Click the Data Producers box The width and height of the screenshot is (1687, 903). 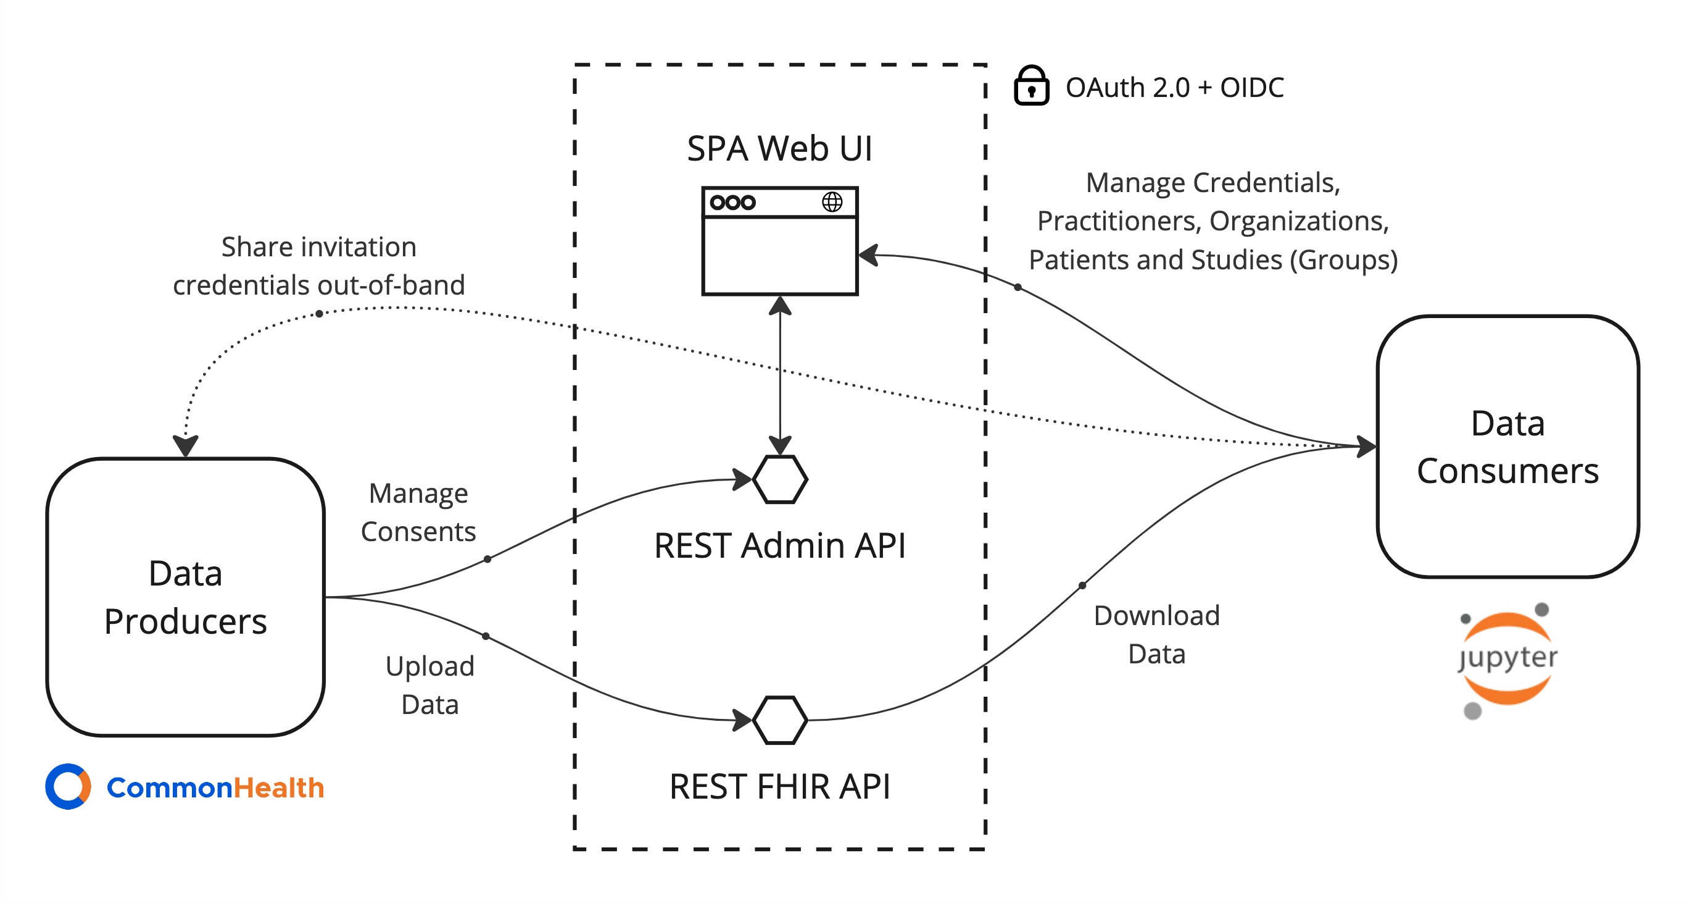[x=185, y=596]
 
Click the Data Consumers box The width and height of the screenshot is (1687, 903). [x=1507, y=447]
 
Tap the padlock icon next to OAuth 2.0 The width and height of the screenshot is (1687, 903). [x=1031, y=86]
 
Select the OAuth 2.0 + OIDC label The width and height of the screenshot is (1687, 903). [x=1174, y=87]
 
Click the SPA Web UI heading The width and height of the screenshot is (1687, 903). [x=779, y=148]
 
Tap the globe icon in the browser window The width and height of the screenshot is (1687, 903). [x=832, y=202]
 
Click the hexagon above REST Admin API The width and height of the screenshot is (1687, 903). [x=779, y=480]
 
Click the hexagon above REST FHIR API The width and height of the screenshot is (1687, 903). [x=779, y=720]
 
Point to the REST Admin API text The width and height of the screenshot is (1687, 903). [x=779, y=546]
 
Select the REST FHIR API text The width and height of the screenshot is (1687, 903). [x=779, y=786]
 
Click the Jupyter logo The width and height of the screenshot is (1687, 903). [x=1507, y=658]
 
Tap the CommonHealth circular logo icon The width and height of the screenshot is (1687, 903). [x=68, y=786]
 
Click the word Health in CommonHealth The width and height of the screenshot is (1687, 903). [x=279, y=787]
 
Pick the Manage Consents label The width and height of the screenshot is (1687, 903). [x=418, y=513]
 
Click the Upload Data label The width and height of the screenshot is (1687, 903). [x=429, y=686]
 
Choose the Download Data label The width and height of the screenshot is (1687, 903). [x=1156, y=634]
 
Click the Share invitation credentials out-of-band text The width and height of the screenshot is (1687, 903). [x=319, y=266]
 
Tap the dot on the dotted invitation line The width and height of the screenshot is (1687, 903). [x=319, y=314]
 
